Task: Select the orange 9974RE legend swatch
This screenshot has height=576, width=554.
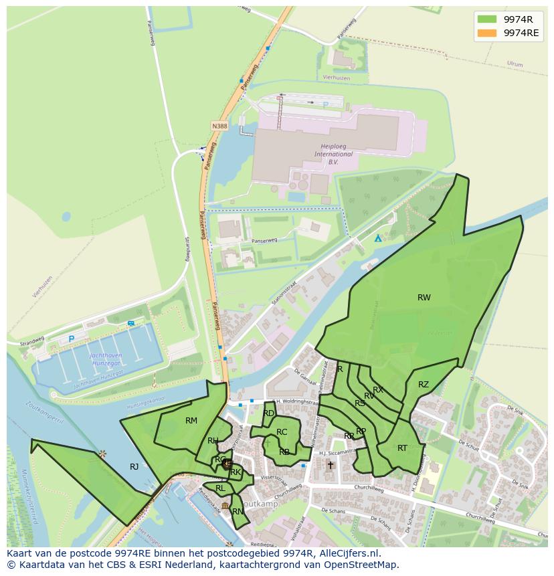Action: pos(487,33)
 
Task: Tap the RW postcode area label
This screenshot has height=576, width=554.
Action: pos(424,298)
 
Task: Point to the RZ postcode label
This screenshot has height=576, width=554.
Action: pos(424,385)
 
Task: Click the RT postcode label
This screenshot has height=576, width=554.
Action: pos(402,448)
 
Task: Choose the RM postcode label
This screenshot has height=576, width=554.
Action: pos(191,421)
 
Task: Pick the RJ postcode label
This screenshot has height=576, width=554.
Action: pos(134,467)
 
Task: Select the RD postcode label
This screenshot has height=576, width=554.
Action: pos(268,413)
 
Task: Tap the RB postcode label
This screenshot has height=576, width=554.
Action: pos(284,452)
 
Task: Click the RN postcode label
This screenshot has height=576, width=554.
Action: pos(238,512)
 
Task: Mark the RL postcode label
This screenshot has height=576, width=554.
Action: pos(220,488)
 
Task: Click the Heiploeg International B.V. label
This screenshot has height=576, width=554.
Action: pos(334,154)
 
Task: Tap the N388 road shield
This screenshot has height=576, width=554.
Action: pos(219,126)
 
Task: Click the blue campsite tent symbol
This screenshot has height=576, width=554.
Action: pos(378,238)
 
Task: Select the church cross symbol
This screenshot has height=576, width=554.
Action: pos(330,465)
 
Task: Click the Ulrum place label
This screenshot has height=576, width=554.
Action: pos(515,64)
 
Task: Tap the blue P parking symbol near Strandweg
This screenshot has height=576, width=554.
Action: pos(71,339)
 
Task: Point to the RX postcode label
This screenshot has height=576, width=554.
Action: pos(378,390)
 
